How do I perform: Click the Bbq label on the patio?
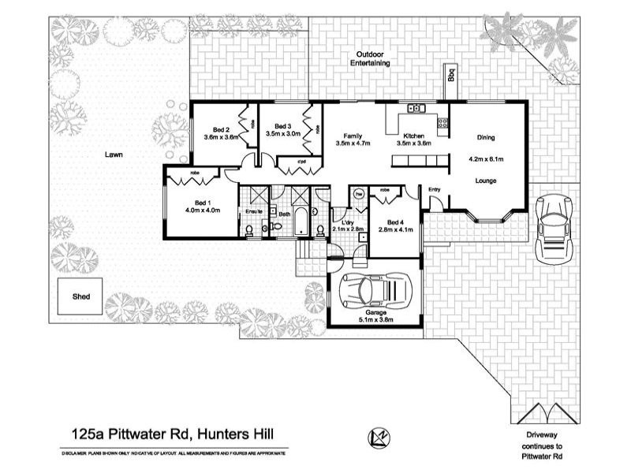pos(452,76)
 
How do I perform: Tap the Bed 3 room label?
pos(282,126)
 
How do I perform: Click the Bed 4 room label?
pos(390,220)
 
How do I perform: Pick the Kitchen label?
pos(414,135)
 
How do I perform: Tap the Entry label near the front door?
pos(435,189)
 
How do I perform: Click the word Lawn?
pos(114,155)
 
